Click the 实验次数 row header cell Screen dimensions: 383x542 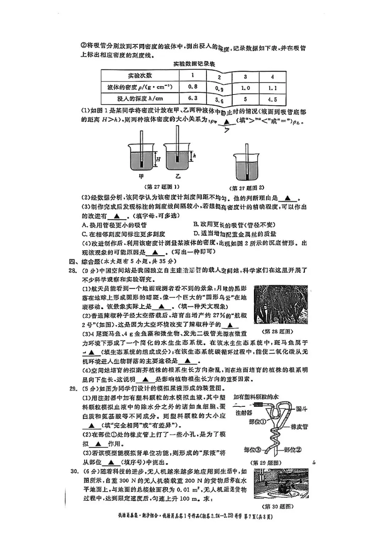[x=140, y=75]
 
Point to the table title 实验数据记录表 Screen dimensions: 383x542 [x=194, y=64]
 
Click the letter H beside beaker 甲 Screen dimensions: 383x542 [x=158, y=159]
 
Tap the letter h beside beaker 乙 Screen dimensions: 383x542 [x=194, y=155]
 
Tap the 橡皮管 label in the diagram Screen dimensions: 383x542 [x=299, y=426]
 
